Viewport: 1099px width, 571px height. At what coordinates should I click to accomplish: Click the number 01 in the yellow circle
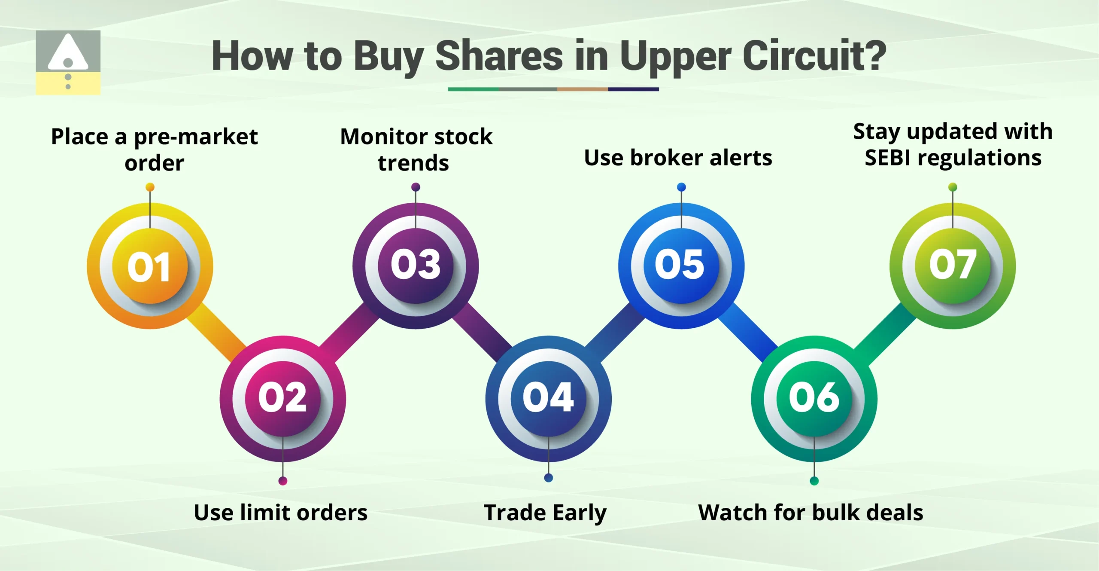click(149, 266)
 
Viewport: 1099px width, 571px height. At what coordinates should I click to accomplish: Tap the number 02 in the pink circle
click(282, 397)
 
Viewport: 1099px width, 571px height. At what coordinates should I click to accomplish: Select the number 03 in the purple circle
click(416, 264)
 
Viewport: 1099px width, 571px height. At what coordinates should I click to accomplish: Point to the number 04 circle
click(548, 397)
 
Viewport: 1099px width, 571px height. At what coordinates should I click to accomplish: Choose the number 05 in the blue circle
click(680, 264)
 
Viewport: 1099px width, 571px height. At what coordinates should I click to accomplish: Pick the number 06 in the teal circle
click(814, 397)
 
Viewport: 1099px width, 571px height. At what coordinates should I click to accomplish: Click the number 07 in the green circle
click(952, 264)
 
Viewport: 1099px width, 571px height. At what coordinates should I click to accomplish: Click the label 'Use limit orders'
click(281, 513)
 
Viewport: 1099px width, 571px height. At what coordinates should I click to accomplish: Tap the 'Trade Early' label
click(545, 513)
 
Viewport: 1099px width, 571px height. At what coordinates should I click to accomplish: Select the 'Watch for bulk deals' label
click(811, 513)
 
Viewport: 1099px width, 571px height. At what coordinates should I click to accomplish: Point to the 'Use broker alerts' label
click(678, 158)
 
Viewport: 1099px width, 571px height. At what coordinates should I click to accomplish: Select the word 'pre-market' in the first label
click(196, 137)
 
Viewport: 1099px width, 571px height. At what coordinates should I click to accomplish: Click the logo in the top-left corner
click(68, 62)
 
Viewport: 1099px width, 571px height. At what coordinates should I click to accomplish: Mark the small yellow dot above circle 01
click(150, 187)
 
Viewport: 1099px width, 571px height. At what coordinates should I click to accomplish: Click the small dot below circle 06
click(814, 481)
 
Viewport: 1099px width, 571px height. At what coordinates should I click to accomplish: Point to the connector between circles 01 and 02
click(216, 332)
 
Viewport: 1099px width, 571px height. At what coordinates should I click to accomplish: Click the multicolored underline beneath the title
click(553, 89)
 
